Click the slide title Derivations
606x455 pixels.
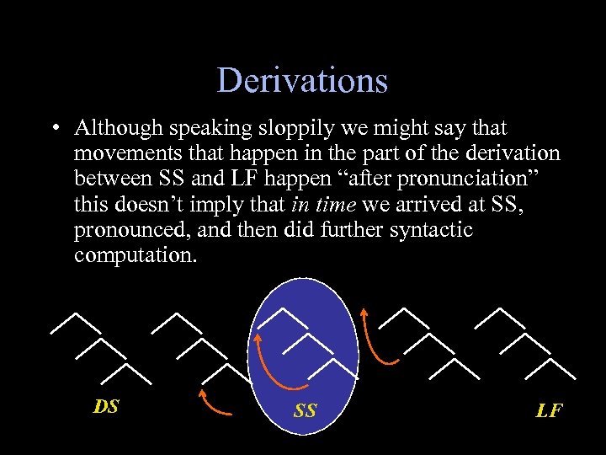point(302,81)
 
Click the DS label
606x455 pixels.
point(106,407)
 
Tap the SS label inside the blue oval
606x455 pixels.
point(305,410)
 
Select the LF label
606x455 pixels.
point(549,410)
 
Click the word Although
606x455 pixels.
point(118,128)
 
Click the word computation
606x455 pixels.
point(135,254)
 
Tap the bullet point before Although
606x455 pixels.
point(55,129)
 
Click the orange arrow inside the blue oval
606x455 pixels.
point(274,362)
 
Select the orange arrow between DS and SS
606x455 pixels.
point(216,404)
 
